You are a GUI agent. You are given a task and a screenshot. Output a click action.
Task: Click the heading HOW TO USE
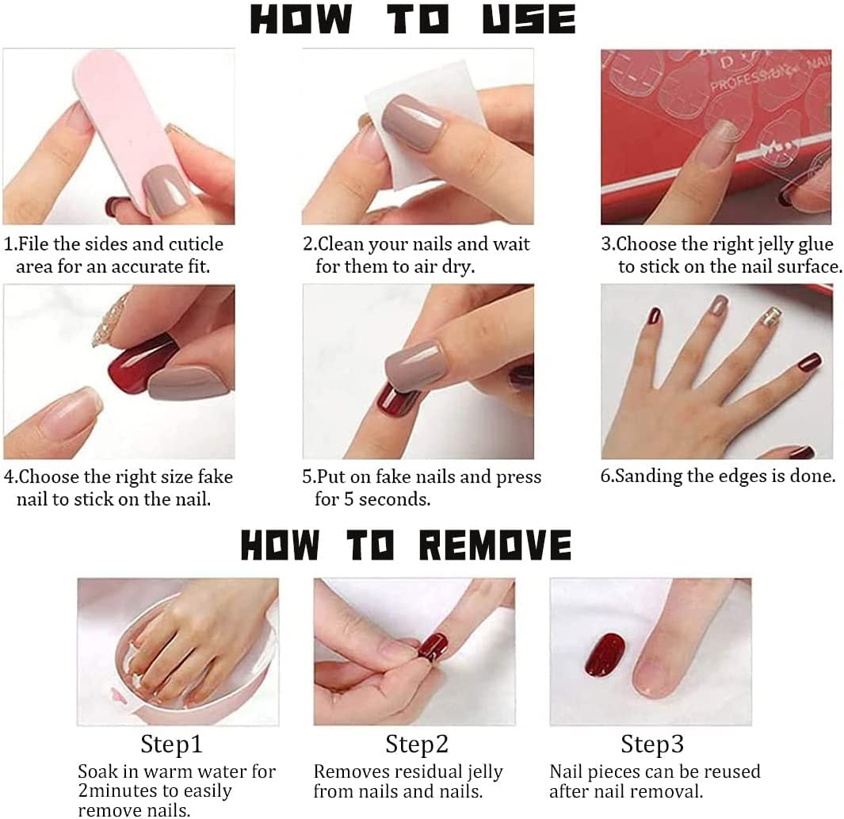click(x=413, y=20)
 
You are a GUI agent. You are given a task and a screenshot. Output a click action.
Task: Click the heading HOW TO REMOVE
click(x=406, y=545)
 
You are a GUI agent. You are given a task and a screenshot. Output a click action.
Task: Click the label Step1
click(x=172, y=744)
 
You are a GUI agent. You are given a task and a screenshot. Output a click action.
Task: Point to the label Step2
click(x=417, y=744)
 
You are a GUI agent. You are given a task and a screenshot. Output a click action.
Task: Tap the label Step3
click(x=652, y=744)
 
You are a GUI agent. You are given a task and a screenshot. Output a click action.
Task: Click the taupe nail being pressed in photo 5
click(x=414, y=362)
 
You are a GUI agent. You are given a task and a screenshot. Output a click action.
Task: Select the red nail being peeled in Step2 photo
click(x=433, y=645)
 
